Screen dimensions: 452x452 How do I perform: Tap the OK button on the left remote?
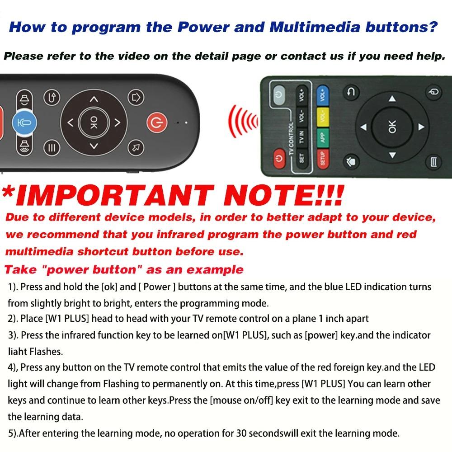tap(93, 122)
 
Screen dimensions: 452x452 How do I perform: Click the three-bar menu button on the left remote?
tap(52, 148)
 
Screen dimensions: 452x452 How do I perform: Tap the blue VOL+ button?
tap(323, 95)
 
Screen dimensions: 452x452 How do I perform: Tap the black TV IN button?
tap(301, 136)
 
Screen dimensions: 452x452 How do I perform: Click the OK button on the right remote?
tap(392, 127)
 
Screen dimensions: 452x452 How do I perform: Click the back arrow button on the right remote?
tap(351, 93)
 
